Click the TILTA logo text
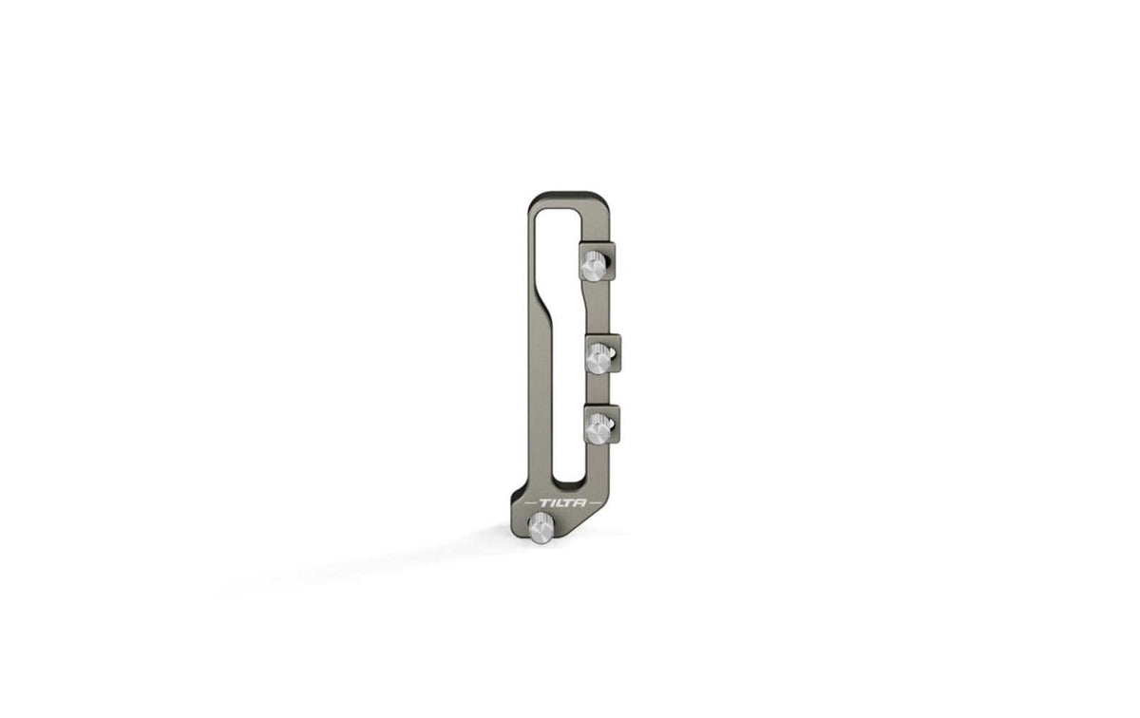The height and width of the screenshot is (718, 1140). (562, 503)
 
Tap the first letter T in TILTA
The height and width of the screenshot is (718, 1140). (543, 503)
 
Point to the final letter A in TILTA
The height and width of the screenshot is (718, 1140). (580, 503)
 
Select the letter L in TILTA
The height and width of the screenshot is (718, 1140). (559, 503)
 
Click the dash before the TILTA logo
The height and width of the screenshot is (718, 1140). (530, 503)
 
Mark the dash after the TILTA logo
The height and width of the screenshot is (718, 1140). (595, 503)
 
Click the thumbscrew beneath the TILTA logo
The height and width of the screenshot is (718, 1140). (540, 528)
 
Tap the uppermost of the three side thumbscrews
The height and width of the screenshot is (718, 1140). (595, 266)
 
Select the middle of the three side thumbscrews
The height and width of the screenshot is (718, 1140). (599, 358)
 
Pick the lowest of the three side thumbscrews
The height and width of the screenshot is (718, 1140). (598, 428)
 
